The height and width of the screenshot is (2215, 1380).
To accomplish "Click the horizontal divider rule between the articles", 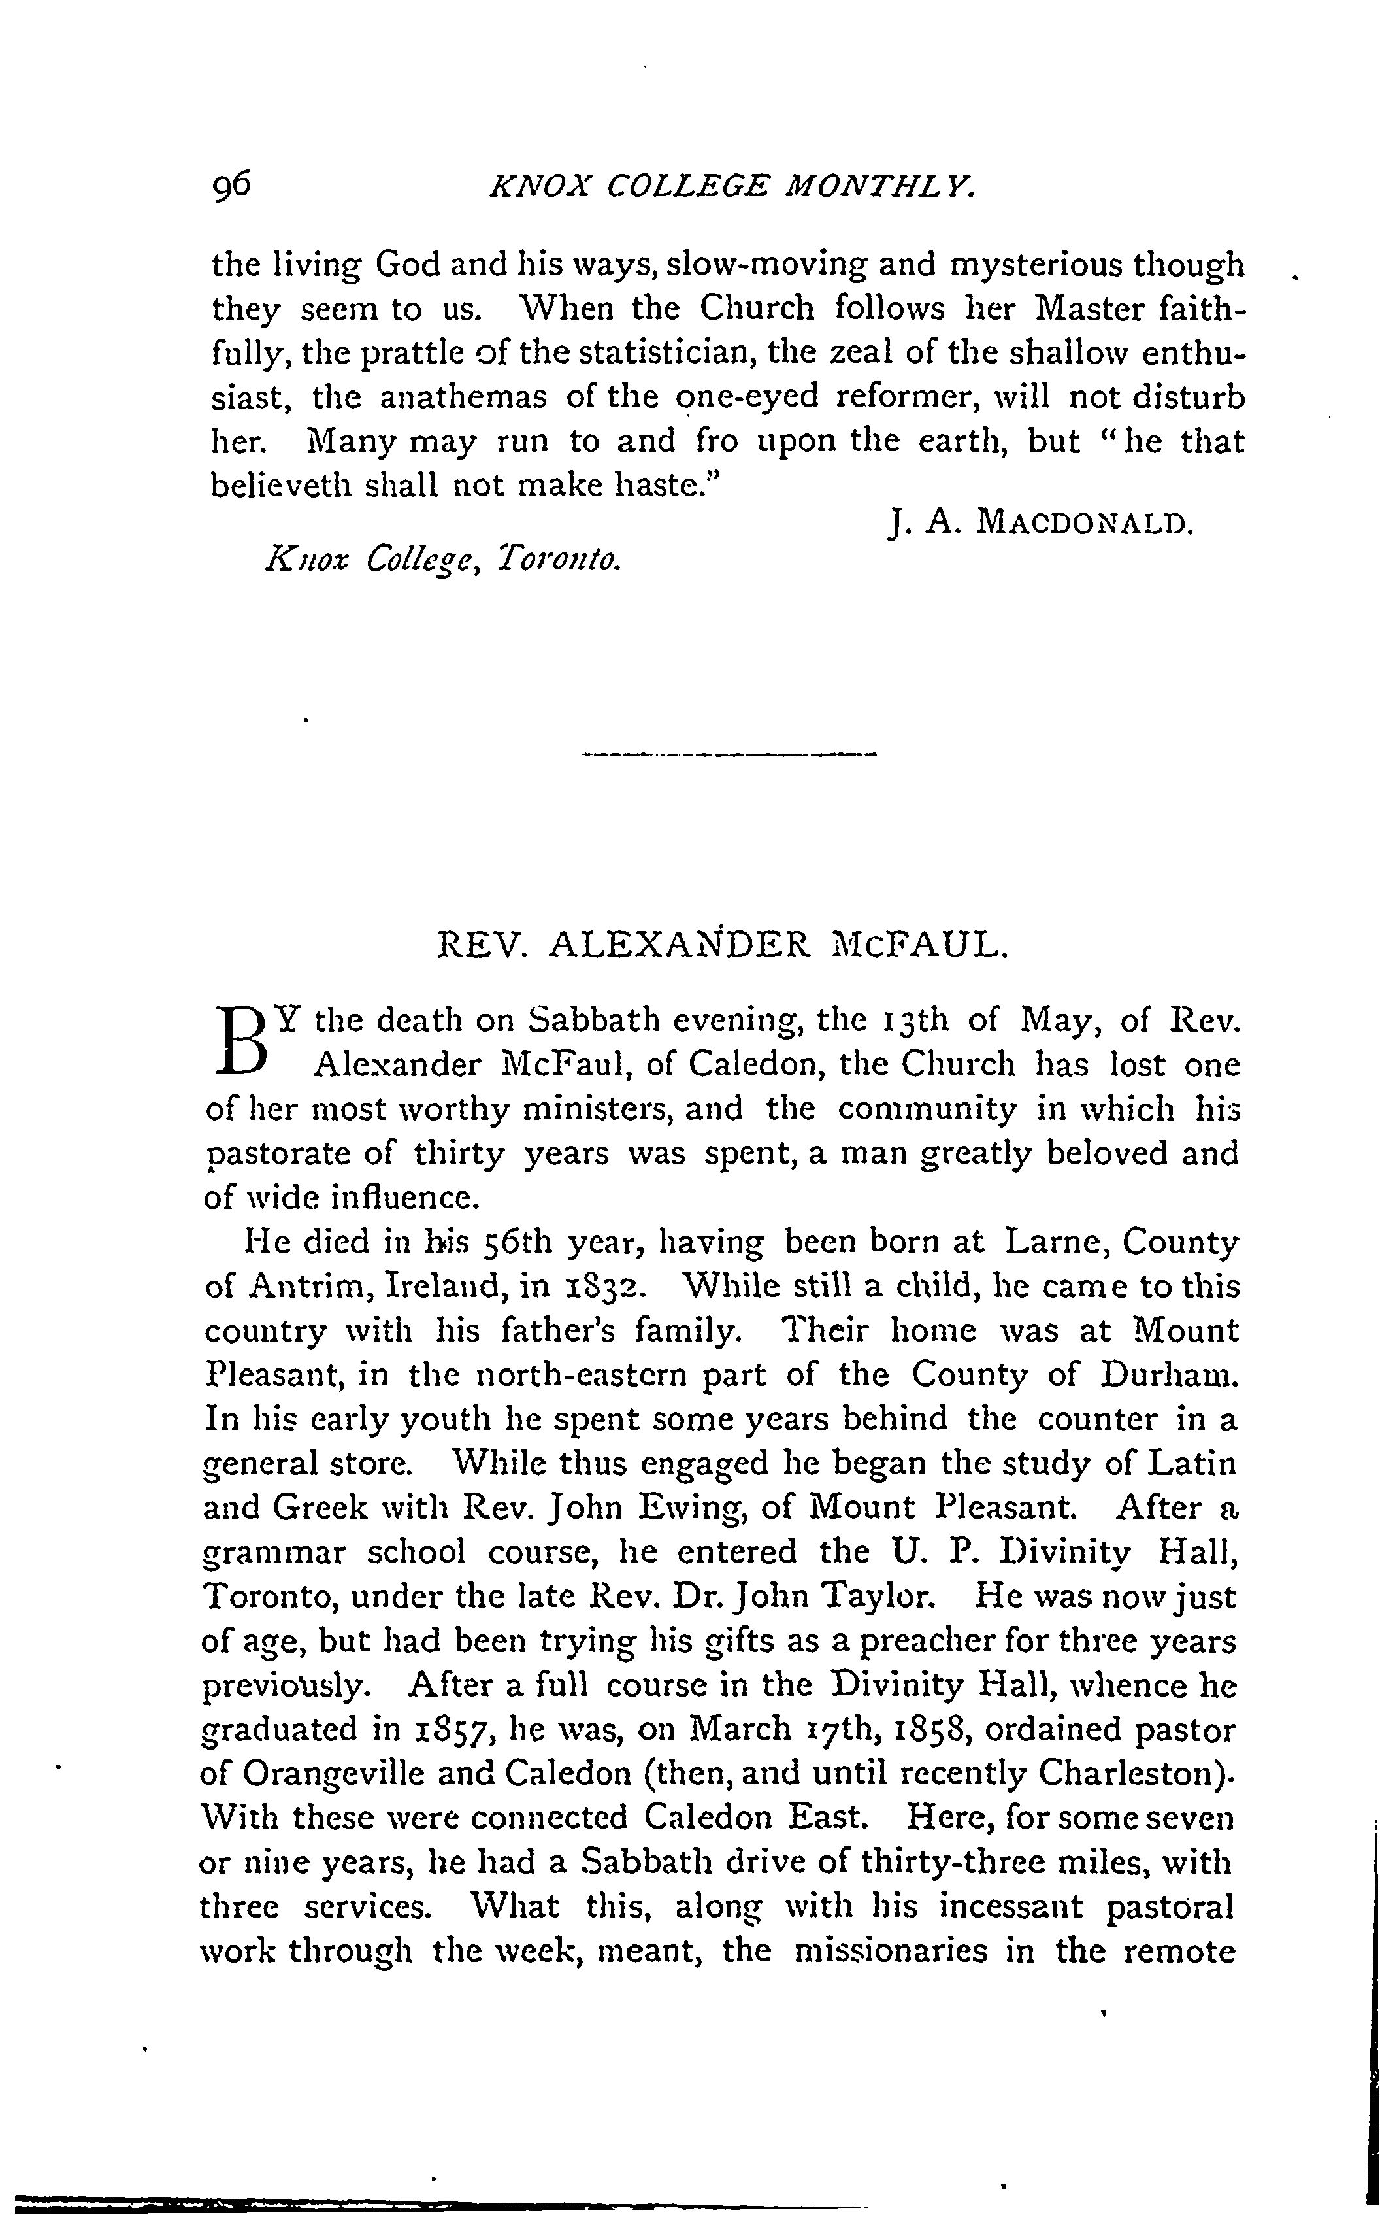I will tap(727, 755).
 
